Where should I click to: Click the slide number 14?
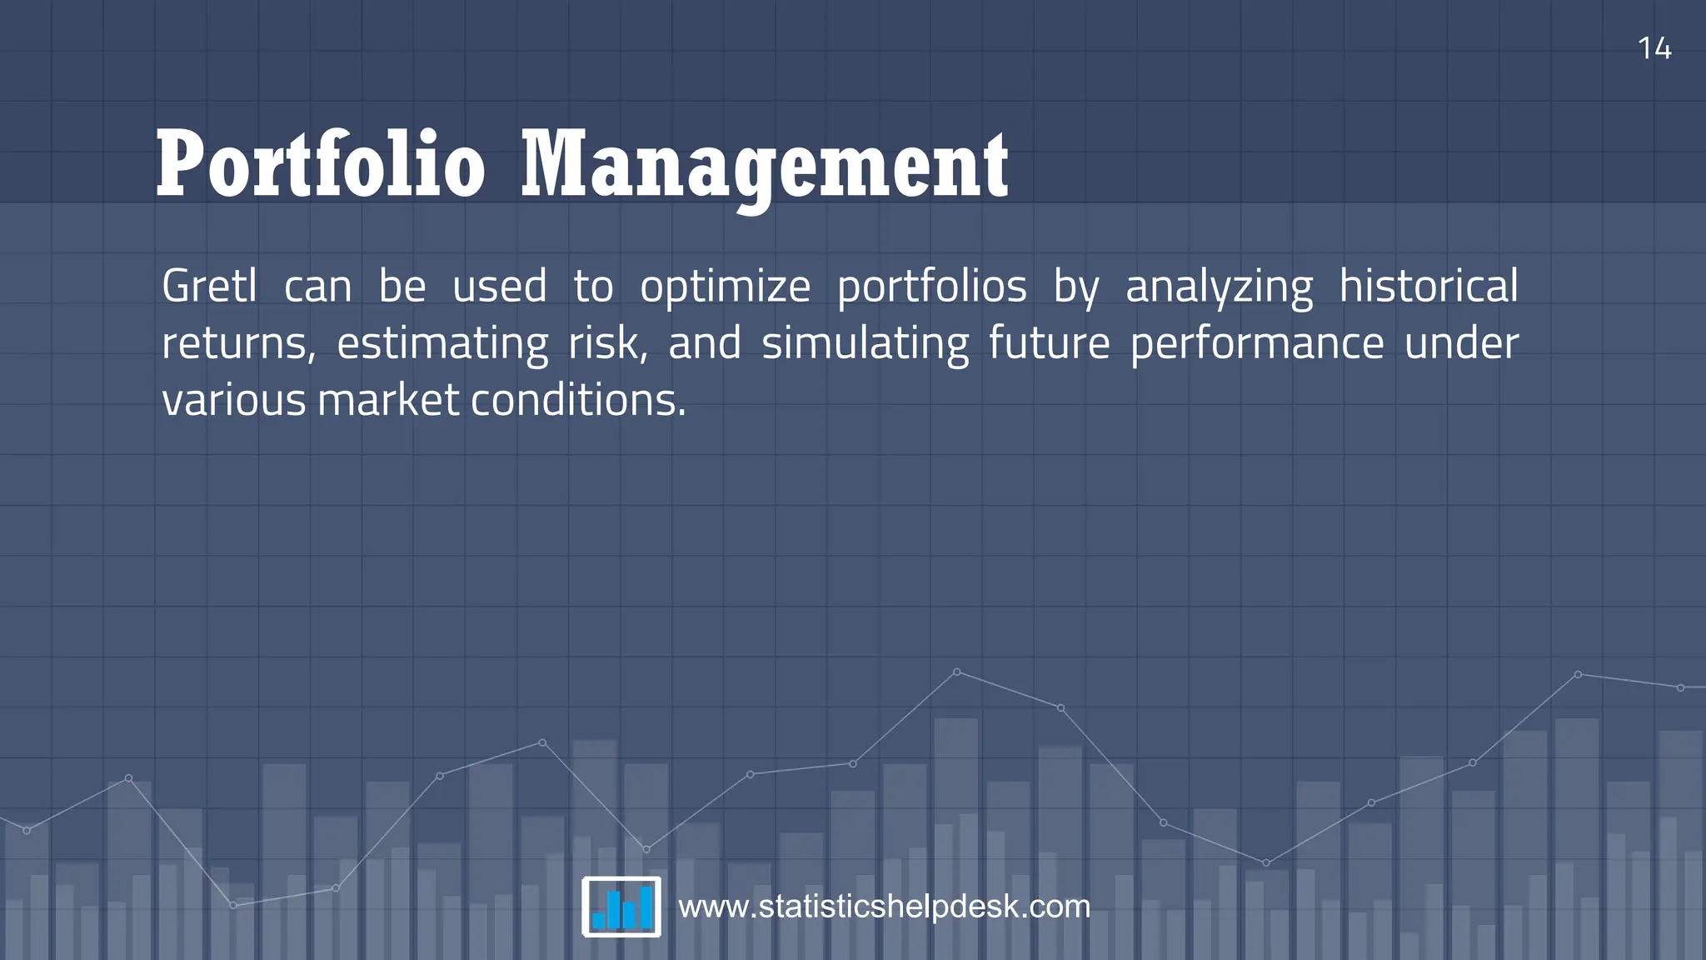pos(1654,49)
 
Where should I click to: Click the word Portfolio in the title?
pos(321,165)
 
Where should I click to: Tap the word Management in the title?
pos(765,167)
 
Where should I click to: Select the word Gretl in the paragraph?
pos(209,287)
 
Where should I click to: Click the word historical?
pos(1428,287)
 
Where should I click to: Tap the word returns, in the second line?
pos(238,344)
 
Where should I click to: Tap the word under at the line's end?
pos(1461,344)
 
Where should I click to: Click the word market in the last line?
pos(388,401)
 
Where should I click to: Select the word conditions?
pos(578,401)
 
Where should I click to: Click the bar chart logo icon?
pos(621,907)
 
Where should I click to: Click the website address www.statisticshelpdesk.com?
pos(884,907)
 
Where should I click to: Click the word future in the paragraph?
pos(1049,344)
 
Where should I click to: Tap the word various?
pos(234,401)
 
